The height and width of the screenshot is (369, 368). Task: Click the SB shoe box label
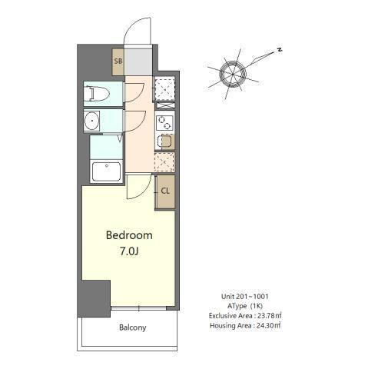click(x=118, y=61)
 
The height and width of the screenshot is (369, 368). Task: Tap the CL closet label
click(x=165, y=191)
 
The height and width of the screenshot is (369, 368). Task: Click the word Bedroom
click(x=129, y=235)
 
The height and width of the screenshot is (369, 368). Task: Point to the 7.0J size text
click(x=129, y=251)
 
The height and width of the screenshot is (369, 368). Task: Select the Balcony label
click(x=132, y=327)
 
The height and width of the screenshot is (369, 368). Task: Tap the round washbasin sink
click(x=91, y=121)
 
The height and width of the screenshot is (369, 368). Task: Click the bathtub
click(x=106, y=171)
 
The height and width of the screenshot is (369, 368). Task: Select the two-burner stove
click(x=164, y=123)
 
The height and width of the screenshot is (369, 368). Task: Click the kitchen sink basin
click(x=166, y=141)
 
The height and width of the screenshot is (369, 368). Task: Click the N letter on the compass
click(x=280, y=50)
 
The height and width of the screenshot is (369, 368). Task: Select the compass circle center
click(x=233, y=74)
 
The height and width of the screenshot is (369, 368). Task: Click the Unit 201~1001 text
click(x=245, y=297)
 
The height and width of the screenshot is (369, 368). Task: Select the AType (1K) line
click(x=245, y=306)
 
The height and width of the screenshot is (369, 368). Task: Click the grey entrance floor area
click(x=138, y=61)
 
